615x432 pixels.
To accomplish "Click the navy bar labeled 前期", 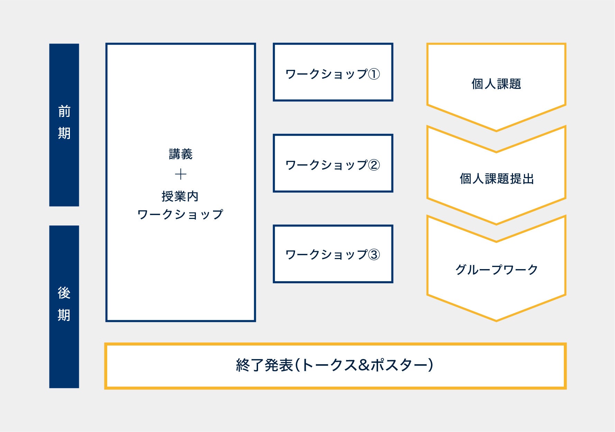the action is [x=64, y=125].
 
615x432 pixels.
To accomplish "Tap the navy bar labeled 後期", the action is [x=64, y=306].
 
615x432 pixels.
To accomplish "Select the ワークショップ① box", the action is [x=333, y=72].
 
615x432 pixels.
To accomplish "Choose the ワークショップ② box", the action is [x=333, y=163].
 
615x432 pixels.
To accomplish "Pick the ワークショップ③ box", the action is [x=333, y=254].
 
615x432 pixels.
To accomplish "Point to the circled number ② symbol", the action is [x=374, y=165].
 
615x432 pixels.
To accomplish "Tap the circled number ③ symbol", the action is [x=374, y=255].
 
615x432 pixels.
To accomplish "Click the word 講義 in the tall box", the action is [x=181, y=154].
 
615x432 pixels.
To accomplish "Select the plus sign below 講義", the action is [x=181, y=174].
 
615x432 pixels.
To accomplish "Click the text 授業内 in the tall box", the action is [x=180, y=196].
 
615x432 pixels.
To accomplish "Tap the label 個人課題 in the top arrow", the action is [x=496, y=84].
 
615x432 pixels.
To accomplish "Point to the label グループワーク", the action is [x=496, y=269].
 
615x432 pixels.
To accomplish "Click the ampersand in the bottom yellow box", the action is [x=364, y=365].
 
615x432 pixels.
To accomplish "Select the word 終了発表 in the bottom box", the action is [x=265, y=365].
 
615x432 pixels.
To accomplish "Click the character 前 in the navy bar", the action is [x=64, y=112].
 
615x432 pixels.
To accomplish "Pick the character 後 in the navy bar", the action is [x=64, y=293].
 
